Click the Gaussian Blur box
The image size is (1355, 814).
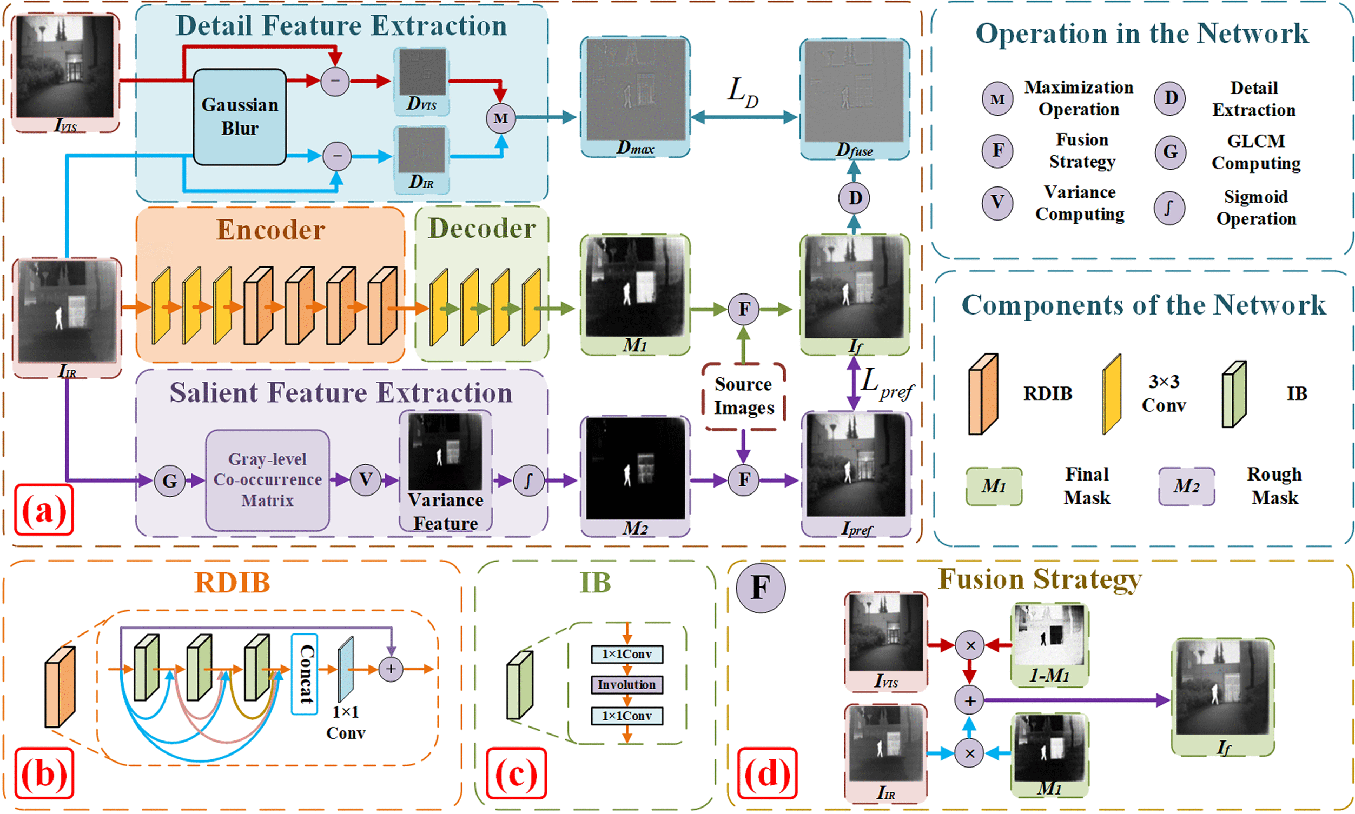click(239, 116)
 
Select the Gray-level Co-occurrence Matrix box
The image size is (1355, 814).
click(267, 480)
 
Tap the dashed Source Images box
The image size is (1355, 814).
click(743, 396)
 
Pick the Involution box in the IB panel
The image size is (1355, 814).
click(626, 685)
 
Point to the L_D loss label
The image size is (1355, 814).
click(743, 91)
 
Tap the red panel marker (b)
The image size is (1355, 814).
click(44, 773)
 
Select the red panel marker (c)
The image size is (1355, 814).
click(516, 773)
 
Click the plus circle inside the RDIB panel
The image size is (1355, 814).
click(391, 669)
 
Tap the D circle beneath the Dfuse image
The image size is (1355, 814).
click(854, 198)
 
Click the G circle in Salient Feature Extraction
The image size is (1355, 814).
click(170, 481)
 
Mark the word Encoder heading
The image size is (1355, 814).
click(270, 229)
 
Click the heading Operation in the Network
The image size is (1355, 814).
click(1141, 34)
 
